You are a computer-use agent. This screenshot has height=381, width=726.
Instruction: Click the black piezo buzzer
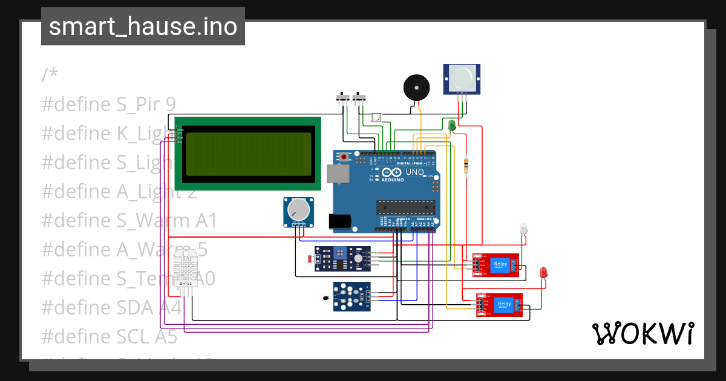(417, 89)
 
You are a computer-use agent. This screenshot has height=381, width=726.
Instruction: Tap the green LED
(452, 125)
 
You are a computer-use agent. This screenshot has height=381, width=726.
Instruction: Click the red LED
(543, 272)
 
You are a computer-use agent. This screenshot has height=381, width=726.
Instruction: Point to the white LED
(523, 229)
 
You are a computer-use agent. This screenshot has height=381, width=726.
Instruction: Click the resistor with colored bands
(465, 165)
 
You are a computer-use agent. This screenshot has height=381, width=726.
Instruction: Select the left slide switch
(342, 97)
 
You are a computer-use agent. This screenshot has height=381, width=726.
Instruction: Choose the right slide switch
(361, 97)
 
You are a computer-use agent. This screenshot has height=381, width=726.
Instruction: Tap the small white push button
(376, 117)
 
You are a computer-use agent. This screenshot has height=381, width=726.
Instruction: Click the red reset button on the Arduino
(344, 157)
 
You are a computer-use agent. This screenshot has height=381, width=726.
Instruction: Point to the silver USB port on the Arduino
(338, 174)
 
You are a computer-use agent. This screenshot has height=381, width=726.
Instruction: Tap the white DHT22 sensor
(186, 268)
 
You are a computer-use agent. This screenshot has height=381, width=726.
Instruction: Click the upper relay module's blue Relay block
(500, 264)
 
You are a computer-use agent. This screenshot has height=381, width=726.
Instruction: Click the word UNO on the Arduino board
(414, 172)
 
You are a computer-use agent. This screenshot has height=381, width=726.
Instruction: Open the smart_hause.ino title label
(143, 27)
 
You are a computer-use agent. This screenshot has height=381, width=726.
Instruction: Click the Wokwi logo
(643, 333)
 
